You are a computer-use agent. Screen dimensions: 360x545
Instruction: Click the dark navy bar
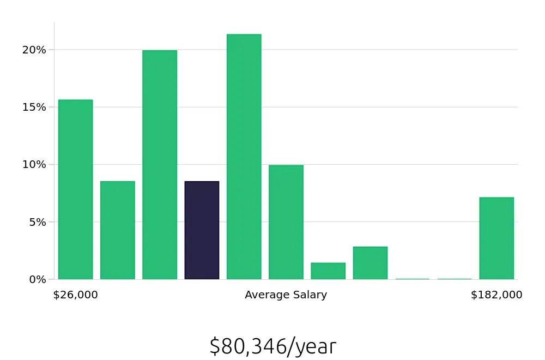tap(202, 230)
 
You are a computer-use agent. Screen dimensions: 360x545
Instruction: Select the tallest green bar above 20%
tap(244, 157)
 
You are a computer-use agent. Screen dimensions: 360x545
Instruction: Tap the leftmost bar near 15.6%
tap(75, 189)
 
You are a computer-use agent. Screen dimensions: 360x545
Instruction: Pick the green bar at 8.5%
tap(117, 230)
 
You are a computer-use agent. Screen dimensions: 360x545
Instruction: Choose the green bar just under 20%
tap(160, 165)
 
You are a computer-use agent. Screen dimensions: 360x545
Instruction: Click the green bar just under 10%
tap(286, 222)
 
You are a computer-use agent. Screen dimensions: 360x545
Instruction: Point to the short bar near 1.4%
tap(328, 271)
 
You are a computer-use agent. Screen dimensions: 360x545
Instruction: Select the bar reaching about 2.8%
tap(370, 263)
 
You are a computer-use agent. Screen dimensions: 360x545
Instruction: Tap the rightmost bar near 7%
tap(496, 238)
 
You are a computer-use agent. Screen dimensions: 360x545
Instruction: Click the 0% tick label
tap(37, 279)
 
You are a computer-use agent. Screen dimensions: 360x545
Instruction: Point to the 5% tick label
tap(37, 222)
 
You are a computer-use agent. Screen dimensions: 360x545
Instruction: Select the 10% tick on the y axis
tap(34, 164)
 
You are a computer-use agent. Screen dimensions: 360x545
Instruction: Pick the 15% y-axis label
tap(34, 107)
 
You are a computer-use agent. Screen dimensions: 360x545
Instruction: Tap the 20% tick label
tap(34, 50)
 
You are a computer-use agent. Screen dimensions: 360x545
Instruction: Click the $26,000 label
tap(75, 295)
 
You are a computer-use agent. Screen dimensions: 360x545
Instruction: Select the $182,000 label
tap(496, 295)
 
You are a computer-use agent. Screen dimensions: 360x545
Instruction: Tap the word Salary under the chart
tap(310, 295)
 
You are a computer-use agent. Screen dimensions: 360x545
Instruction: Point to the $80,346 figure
tap(247, 346)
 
